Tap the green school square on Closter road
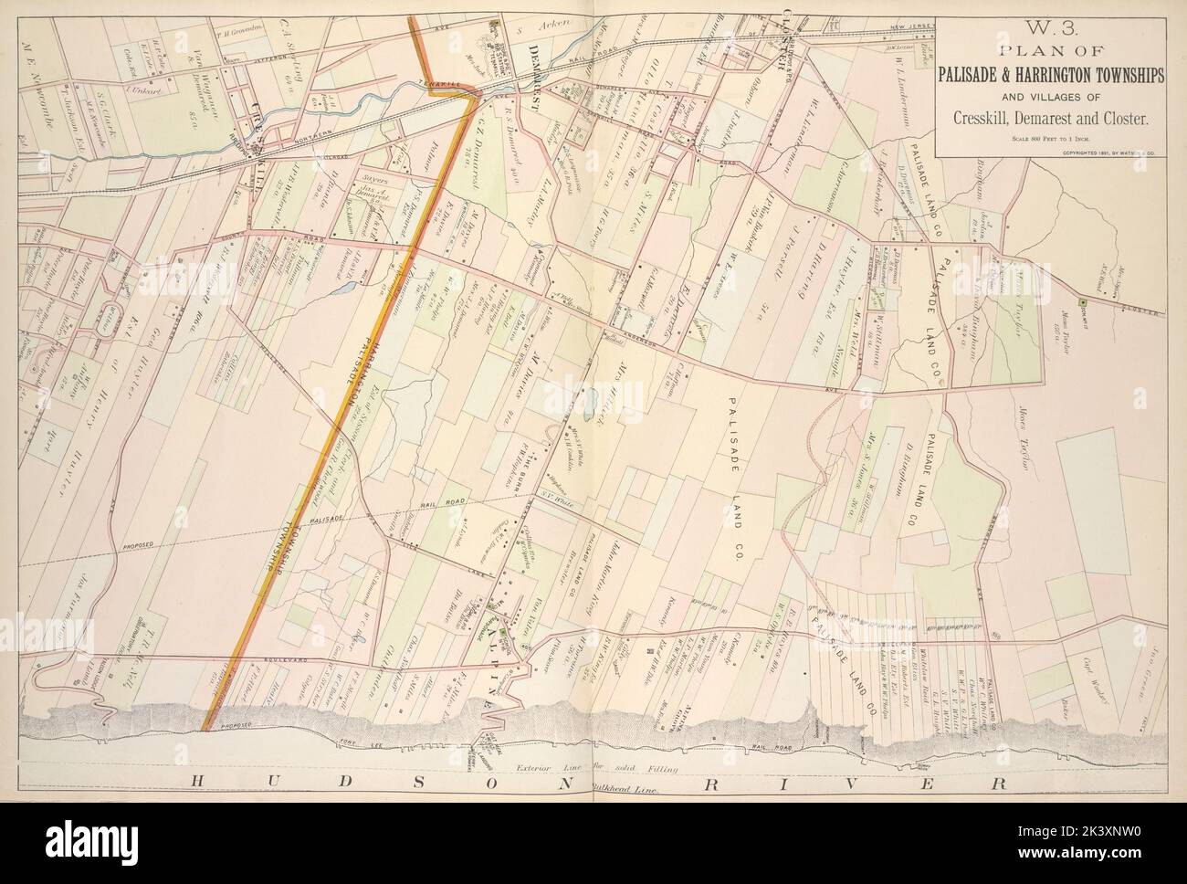click(x=1082, y=302)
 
